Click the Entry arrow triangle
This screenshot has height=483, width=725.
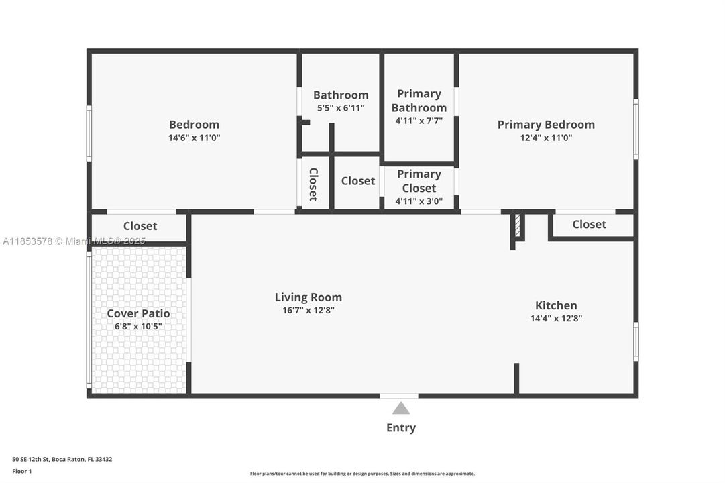pyautogui.click(x=401, y=408)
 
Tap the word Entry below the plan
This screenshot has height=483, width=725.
pyautogui.click(x=401, y=427)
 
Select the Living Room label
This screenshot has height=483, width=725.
pyautogui.click(x=309, y=297)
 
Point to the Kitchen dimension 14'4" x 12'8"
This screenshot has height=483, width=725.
pyautogui.click(x=556, y=319)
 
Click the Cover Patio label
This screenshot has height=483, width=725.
pyautogui.click(x=138, y=313)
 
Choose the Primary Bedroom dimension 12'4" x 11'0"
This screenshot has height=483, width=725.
pyautogui.click(x=546, y=138)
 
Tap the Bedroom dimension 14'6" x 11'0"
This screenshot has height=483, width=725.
pyautogui.click(x=194, y=138)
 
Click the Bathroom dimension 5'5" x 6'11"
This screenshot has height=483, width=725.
pyautogui.click(x=341, y=108)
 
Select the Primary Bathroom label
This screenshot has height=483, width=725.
pyautogui.click(x=419, y=101)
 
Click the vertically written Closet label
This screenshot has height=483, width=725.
pyautogui.click(x=313, y=184)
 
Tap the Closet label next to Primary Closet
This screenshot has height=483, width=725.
pyautogui.click(x=358, y=181)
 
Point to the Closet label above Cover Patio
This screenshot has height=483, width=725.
pyautogui.click(x=140, y=226)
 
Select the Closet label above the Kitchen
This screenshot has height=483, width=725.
pyautogui.click(x=590, y=224)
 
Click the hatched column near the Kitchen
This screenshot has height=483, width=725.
pyautogui.click(x=518, y=225)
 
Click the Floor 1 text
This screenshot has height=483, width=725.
pyautogui.click(x=22, y=472)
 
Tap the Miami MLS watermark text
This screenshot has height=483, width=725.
pyautogui.click(x=74, y=241)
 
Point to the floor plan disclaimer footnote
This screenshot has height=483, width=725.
pyautogui.click(x=362, y=474)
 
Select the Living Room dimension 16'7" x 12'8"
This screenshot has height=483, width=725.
pyautogui.click(x=309, y=311)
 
